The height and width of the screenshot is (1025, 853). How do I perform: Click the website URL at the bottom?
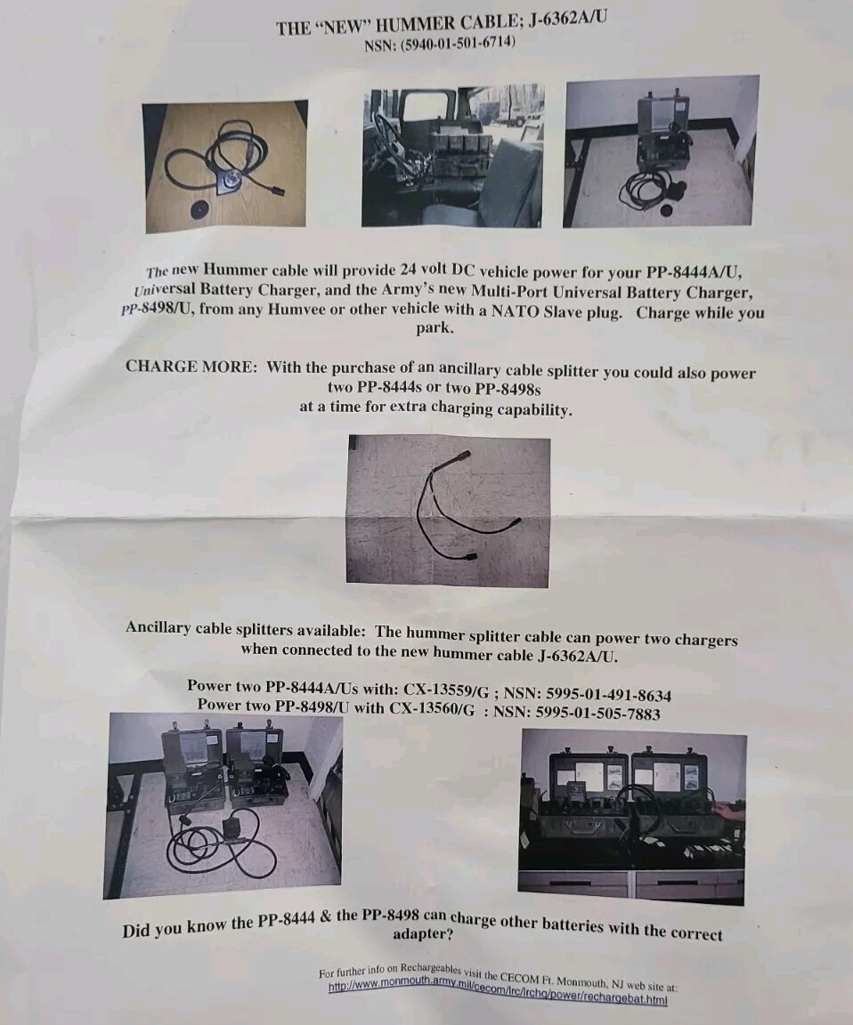click(497, 995)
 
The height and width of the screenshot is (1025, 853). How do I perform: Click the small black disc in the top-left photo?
click(199, 210)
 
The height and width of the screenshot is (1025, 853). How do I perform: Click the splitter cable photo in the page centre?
click(448, 512)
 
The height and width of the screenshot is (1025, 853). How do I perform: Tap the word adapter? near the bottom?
click(423, 933)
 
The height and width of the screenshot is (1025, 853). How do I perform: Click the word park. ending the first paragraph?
click(435, 328)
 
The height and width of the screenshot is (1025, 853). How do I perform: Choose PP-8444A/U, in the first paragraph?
click(694, 272)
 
